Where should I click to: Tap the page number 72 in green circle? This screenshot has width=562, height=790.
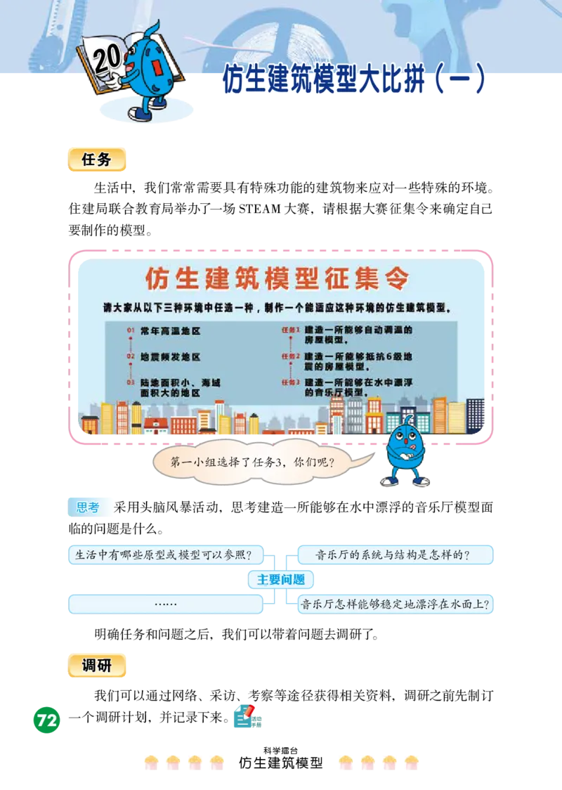pos(46,720)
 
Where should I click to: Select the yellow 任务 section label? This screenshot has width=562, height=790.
pos(98,160)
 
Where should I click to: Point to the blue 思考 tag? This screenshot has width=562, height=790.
pos(89,507)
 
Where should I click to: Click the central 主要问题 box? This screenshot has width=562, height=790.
pos(280,580)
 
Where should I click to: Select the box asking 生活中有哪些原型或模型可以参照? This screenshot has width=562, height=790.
pos(165,555)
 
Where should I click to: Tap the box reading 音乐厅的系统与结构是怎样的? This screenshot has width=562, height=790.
pos(395,555)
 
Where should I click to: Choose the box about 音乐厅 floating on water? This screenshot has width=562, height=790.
pos(395,604)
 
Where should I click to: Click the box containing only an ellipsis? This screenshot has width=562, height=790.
pos(165,604)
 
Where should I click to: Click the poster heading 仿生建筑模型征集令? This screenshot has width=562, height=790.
pos(277,278)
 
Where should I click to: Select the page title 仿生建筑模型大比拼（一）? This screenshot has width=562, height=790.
pos(354,81)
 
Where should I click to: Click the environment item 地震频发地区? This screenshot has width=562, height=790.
pos(170,356)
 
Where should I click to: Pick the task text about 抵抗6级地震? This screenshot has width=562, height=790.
pos(358,361)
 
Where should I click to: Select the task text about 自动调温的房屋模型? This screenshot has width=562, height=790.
pos(358,334)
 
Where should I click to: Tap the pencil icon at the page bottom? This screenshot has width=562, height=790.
pos(247,716)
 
